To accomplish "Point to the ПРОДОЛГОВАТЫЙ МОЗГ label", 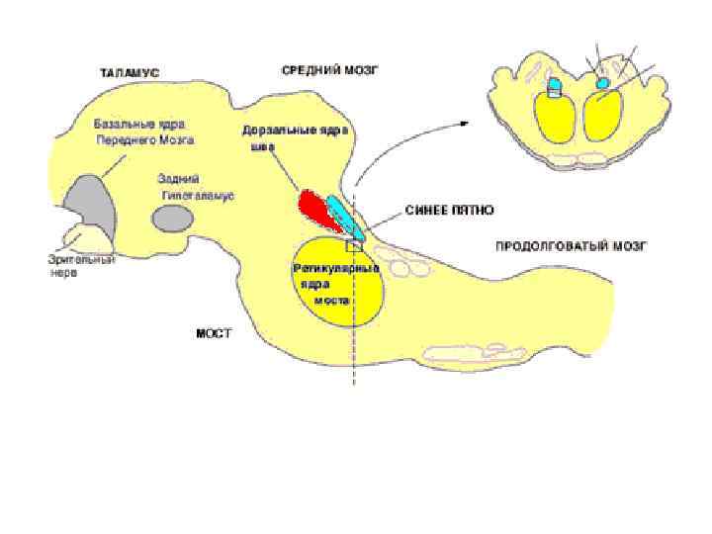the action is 571,245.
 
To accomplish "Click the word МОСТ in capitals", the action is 213,333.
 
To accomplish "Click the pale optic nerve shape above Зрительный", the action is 78,237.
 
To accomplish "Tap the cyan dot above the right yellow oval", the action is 602,83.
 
